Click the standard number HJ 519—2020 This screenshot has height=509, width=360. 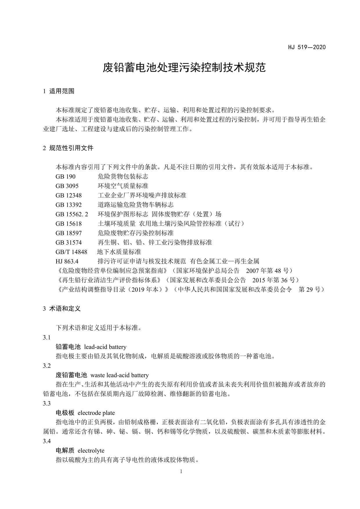click(x=307, y=47)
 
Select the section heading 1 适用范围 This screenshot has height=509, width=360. click(x=59, y=91)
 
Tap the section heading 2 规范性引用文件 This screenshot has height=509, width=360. click(x=68, y=148)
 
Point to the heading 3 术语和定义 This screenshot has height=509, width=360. click(x=62, y=309)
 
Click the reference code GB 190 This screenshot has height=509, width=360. click(x=65, y=176)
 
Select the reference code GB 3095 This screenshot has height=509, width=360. click(x=67, y=186)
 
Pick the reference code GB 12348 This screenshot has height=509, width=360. click(x=69, y=195)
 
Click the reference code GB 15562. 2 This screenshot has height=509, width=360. click(x=72, y=214)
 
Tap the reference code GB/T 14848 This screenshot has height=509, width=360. click(x=71, y=252)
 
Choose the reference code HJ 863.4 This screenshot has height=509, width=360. click(x=67, y=261)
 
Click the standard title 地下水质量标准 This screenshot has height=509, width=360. click(x=119, y=252)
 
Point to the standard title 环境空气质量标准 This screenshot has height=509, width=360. click(x=123, y=186)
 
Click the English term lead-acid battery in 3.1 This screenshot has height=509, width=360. click(x=105, y=347)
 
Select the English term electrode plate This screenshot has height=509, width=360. click(x=96, y=413)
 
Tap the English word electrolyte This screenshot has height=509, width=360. click(x=91, y=450)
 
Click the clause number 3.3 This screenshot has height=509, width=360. click(x=47, y=403)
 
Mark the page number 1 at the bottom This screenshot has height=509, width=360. click(x=181, y=471)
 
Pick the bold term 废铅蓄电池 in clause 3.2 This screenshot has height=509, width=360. click(x=71, y=375)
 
